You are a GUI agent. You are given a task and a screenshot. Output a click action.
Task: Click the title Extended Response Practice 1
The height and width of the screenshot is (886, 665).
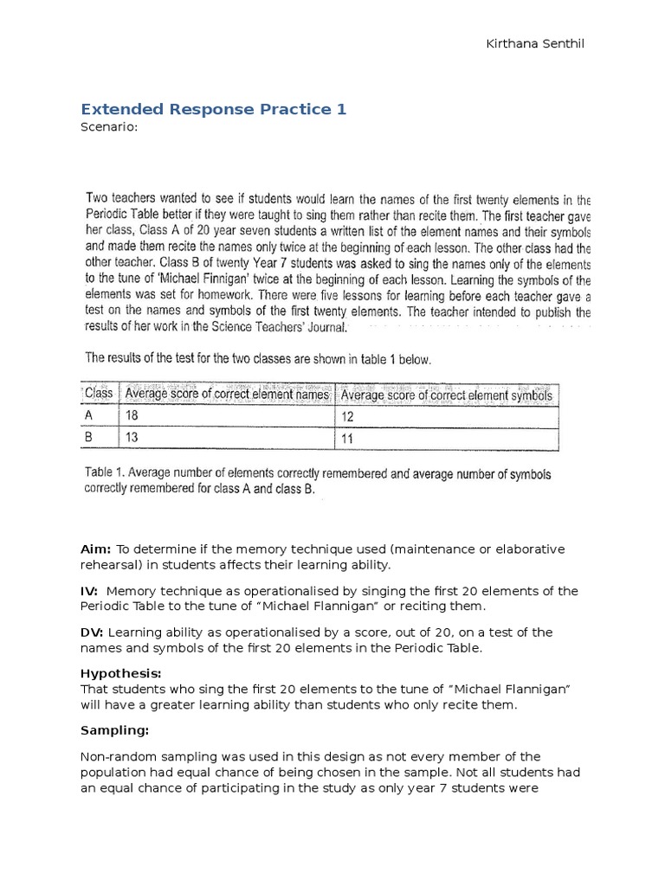(213, 109)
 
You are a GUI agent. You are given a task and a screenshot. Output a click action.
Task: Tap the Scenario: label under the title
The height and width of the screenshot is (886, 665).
(109, 127)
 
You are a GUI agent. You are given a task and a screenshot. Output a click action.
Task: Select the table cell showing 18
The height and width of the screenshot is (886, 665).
(132, 417)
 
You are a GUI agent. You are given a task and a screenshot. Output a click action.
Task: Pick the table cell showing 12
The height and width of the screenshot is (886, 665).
(348, 418)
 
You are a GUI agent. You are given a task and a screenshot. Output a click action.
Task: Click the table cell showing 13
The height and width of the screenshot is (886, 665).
(132, 439)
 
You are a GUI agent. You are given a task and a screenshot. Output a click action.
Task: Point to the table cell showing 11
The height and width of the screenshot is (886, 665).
(348, 440)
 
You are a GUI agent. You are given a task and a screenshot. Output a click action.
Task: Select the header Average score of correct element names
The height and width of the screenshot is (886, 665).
(227, 395)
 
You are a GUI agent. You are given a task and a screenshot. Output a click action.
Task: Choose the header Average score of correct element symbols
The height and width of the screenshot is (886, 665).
(446, 395)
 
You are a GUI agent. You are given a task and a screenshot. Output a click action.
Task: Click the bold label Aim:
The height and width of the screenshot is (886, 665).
(95, 549)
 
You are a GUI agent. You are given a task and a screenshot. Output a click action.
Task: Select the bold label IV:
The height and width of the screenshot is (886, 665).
(90, 591)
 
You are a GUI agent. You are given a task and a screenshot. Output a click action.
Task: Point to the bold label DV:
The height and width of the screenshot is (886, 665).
(92, 632)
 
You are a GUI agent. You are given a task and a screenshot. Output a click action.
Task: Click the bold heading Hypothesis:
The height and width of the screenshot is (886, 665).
(121, 673)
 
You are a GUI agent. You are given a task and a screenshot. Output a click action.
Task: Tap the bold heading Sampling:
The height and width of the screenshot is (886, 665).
(115, 730)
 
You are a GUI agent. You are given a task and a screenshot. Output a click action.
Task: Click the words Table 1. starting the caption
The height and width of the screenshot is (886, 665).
(106, 474)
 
